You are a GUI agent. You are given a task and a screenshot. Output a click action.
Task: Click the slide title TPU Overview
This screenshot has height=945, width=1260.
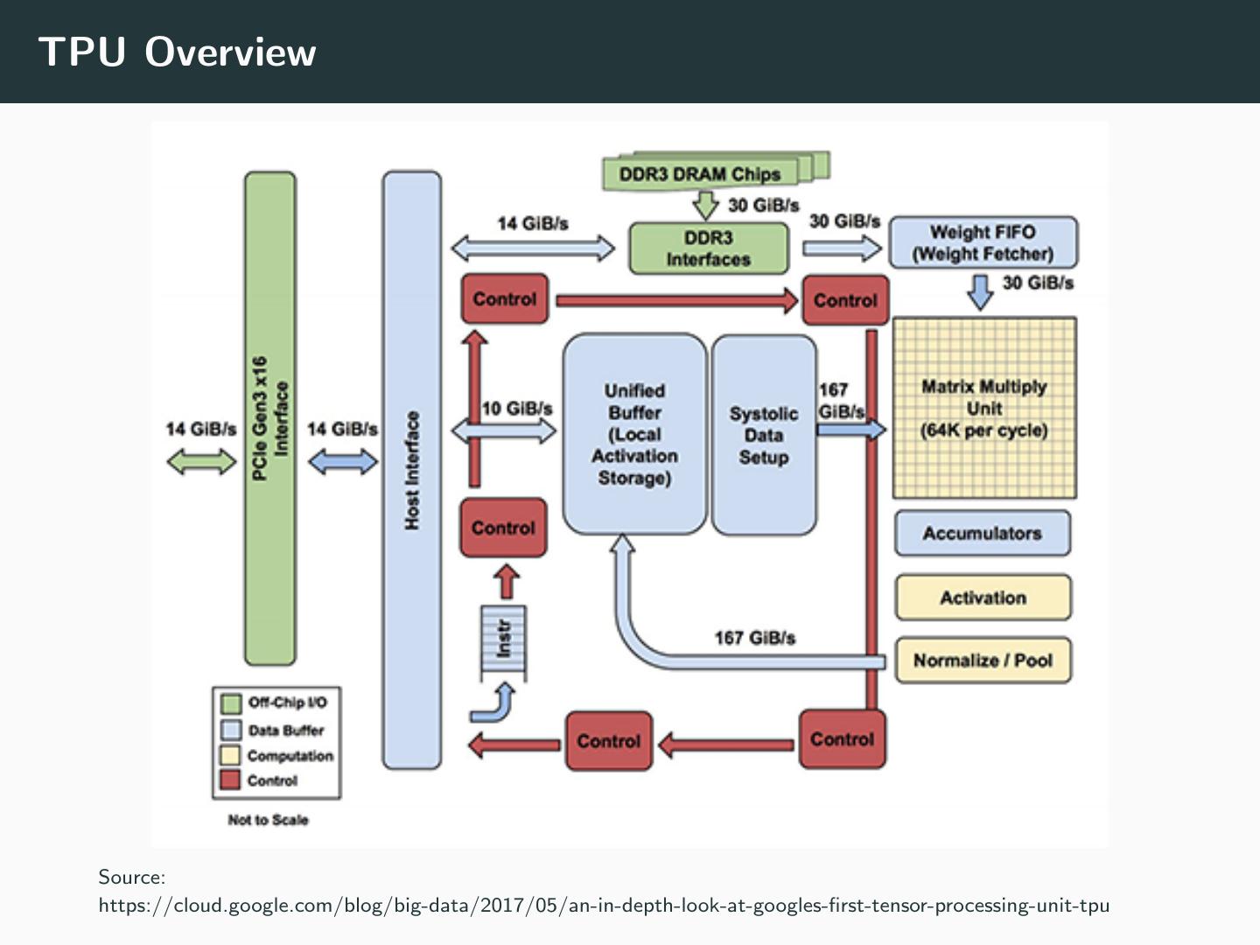click(x=177, y=52)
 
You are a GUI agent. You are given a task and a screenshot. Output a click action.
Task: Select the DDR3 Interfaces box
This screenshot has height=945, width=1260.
click(x=709, y=248)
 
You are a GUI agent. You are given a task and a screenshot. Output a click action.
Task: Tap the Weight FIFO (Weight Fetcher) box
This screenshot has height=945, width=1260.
click(x=983, y=242)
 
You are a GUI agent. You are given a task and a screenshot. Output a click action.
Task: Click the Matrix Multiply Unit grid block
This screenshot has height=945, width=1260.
click(x=984, y=409)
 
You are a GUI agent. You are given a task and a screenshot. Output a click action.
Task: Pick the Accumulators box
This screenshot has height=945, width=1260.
click(x=982, y=533)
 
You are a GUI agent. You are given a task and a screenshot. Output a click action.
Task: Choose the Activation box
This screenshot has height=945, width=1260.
click(x=983, y=598)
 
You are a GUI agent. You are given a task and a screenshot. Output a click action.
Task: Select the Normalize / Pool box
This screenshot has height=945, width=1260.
click(x=983, y=661)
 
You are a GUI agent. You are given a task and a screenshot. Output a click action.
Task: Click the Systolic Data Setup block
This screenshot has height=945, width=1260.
click(x=764, y=435)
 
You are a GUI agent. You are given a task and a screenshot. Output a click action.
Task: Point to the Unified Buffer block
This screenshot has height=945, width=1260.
click(x=634, y=434)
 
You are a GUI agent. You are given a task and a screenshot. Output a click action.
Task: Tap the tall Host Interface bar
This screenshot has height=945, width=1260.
click(x=412, y=470)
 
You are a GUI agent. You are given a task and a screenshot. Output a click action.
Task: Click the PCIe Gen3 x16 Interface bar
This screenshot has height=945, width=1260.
click(x=270, y=418)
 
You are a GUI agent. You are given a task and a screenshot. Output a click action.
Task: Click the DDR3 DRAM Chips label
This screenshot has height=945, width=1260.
click(x=700, y=173)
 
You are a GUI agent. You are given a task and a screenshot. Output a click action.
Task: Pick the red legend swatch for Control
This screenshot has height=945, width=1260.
click(x=230, y=780)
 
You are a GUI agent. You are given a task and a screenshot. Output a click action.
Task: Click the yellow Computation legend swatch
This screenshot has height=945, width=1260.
click(x=230, y=755)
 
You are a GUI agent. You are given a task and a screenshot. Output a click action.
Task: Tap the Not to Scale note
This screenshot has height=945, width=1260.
click(x=268, y=820)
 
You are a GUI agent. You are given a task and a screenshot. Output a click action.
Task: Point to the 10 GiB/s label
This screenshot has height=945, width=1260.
click(x=517, y=409)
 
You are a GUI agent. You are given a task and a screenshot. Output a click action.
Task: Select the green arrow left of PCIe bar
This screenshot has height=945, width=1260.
click(x=201, y=461)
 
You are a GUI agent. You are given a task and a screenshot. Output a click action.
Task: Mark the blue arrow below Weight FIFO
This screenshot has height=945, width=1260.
click(x=981, y=291)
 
